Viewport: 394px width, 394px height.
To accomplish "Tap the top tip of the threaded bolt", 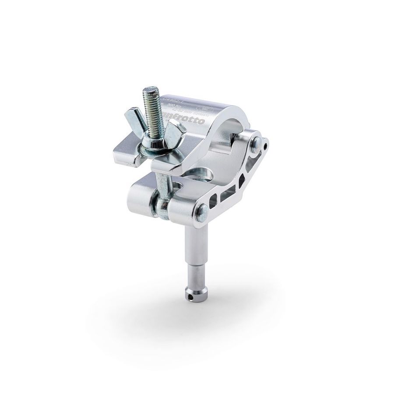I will pyautogui.click(x=148, y=91).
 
